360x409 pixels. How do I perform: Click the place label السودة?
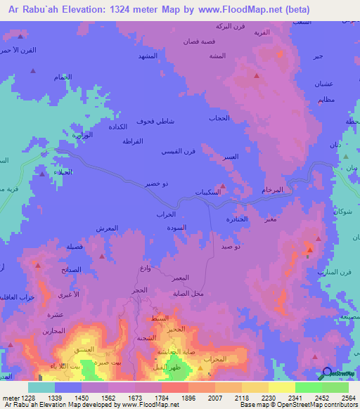pyautogui.click(x=176, y=228)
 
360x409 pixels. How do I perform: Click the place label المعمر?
pyautogui.click(x=179, y=278)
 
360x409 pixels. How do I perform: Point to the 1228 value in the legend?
pyautogui.click(x=22, y=397)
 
